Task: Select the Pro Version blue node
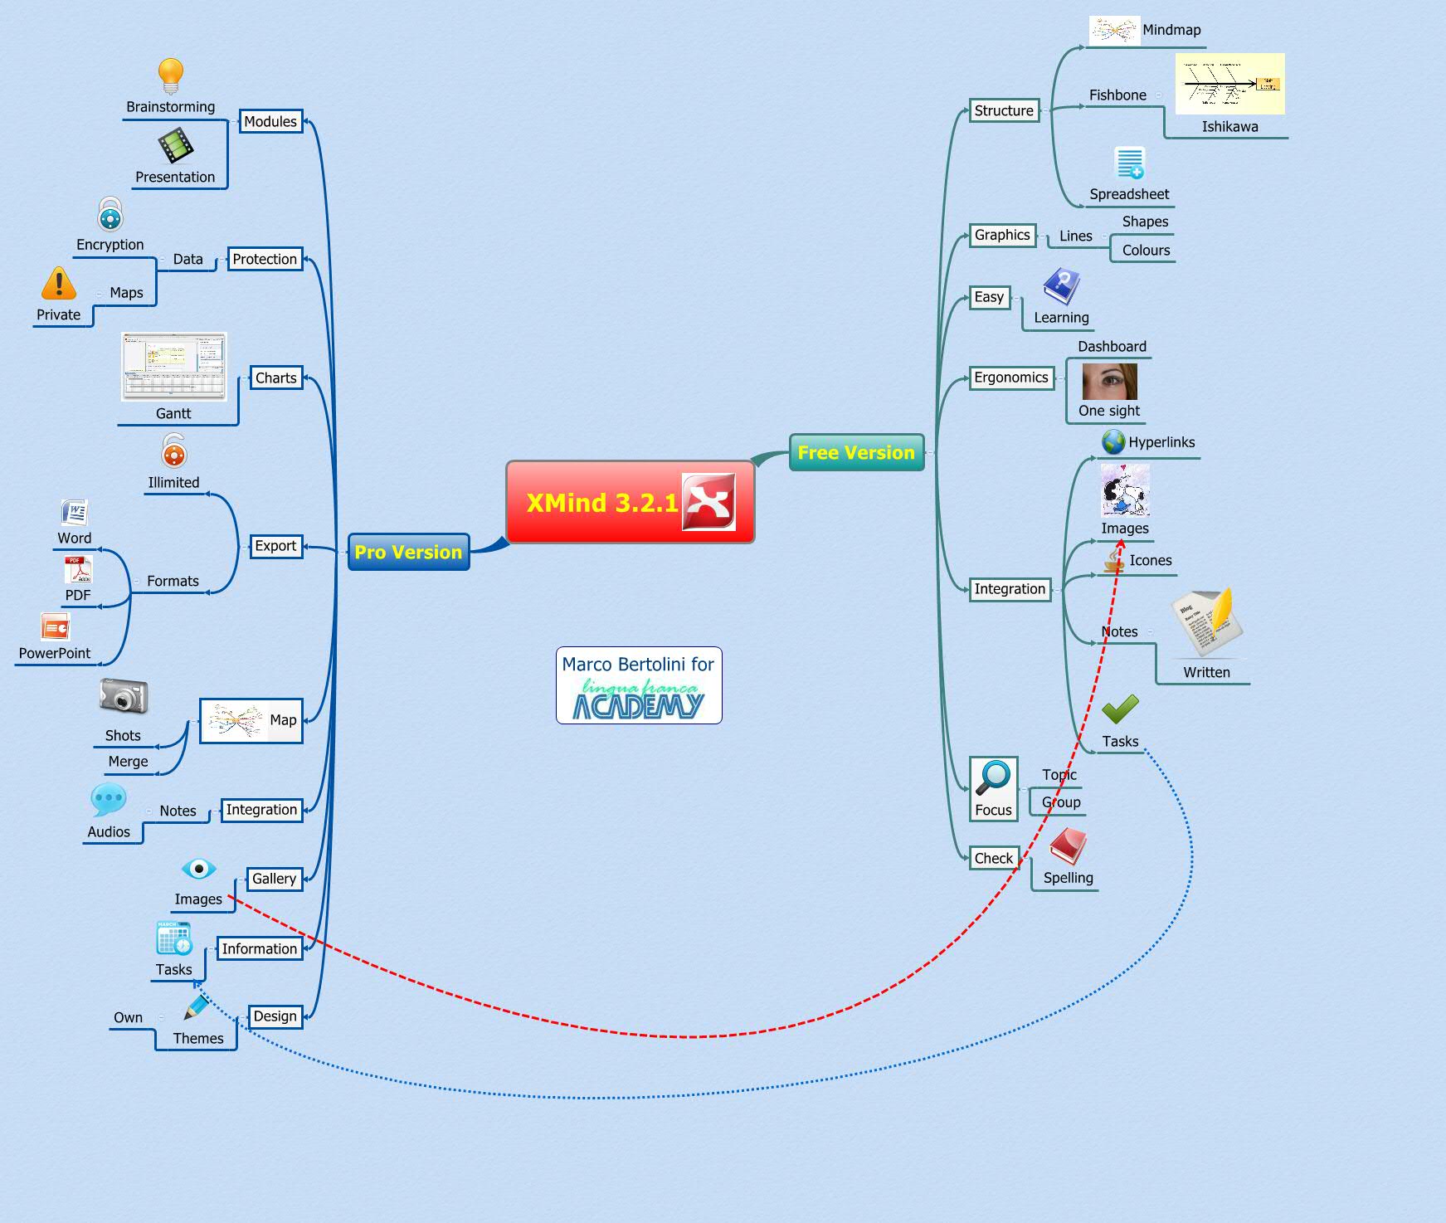coord(408,553)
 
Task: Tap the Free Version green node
coord(855,452)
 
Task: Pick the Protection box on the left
coord(265,259)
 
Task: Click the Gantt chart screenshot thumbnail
coord(173,367)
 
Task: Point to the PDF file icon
coord(78,570)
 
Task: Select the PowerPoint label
coord(55,653)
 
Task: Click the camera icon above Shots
coord(124,696)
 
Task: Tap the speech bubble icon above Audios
coord(109,800)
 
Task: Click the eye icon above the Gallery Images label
coord(198,869)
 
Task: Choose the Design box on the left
coord(275,1016)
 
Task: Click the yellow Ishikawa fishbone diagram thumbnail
coord(1229,85)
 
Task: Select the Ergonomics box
coord(1010,378)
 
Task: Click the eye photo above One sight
coord(1109,382)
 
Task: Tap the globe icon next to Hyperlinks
coord(1112,442)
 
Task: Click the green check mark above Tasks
coord(1120,709)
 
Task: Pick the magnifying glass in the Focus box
coord(993,778)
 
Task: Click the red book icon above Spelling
coord(1068,847)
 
